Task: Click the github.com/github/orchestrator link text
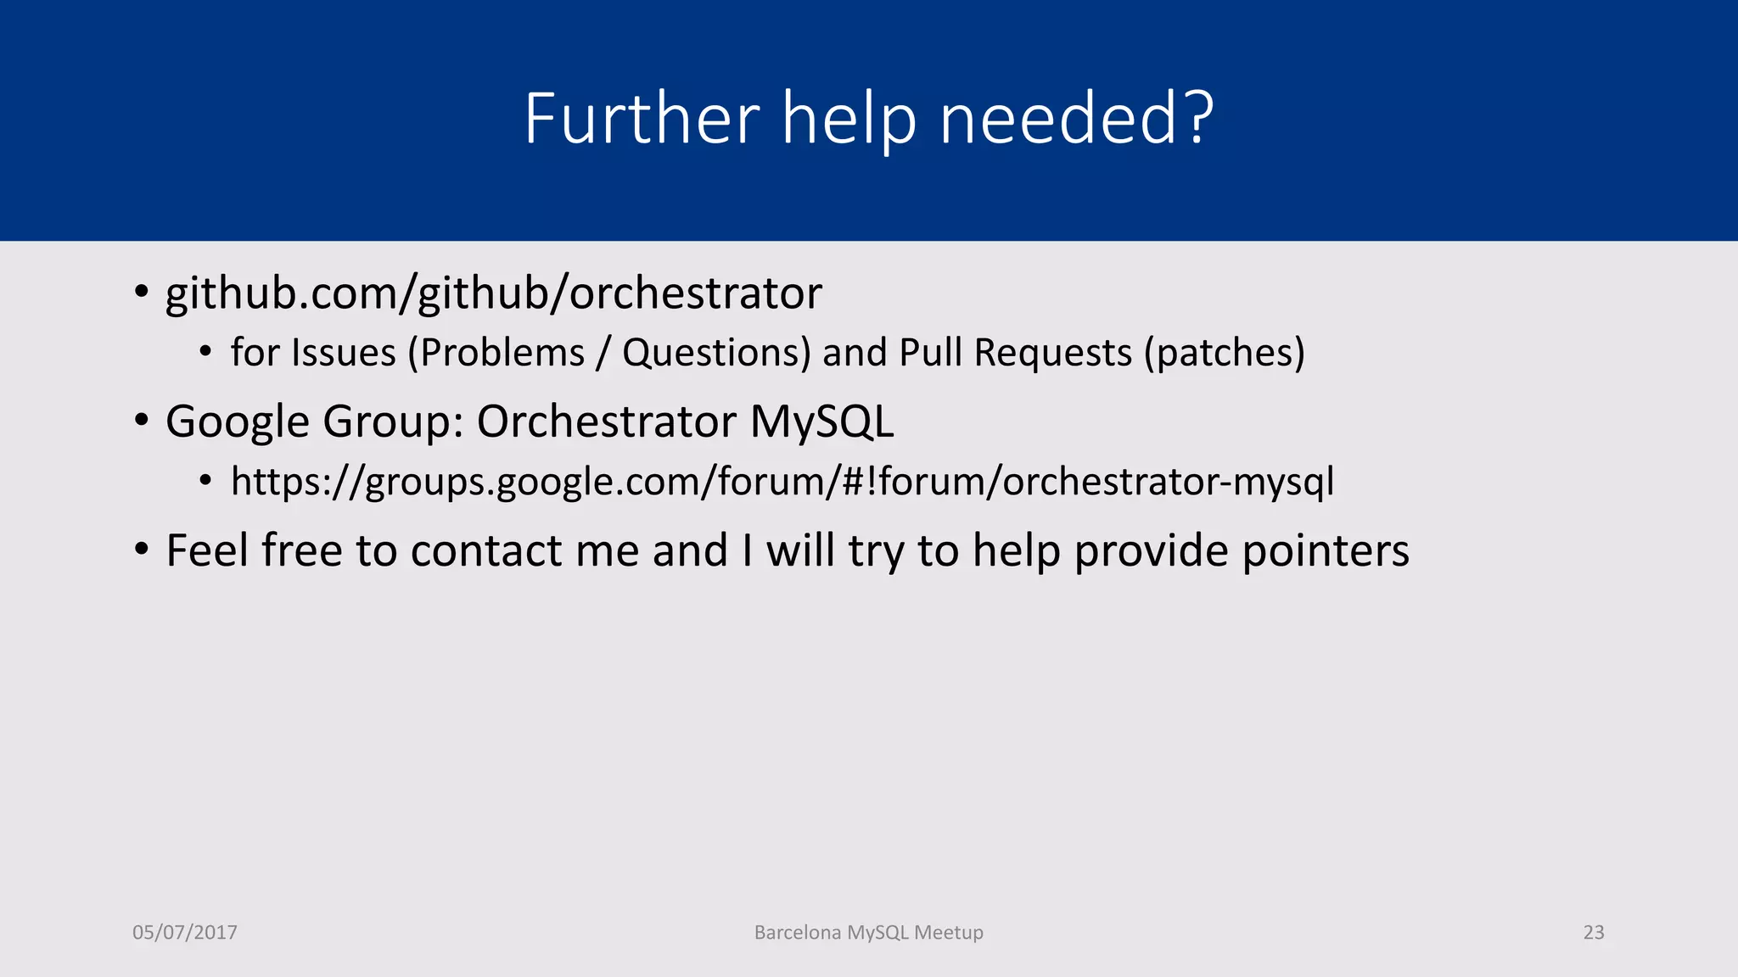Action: tap(493, 293)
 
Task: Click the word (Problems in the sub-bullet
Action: tap(496, 353)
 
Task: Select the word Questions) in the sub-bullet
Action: tap(716, 353)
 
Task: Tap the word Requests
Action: tap(1052, 353)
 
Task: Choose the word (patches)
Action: tap(1224, 353)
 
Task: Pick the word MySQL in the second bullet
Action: tap(821, 422)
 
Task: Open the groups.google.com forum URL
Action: tap(782, 482)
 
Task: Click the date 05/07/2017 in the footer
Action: tap(185, 933)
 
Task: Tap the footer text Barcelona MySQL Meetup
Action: tap(868, 933)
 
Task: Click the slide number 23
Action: tap(1594, 933)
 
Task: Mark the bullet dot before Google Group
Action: tap(141, 421)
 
